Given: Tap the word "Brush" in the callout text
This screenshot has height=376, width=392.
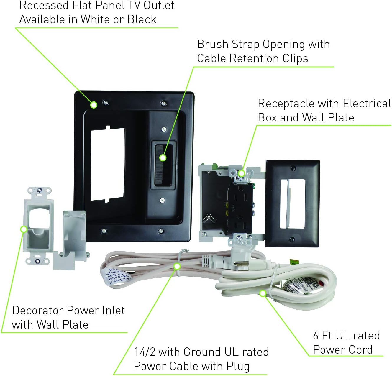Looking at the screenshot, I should (x=212, y=44).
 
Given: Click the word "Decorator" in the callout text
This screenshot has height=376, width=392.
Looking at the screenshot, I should (x=38, y=311).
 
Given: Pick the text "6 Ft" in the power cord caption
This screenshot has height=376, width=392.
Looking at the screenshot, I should (x=322, y=336).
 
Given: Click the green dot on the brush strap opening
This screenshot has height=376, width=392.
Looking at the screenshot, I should (x=163, y=158).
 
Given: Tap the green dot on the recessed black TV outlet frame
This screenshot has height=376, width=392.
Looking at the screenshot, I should (x=94, y=105).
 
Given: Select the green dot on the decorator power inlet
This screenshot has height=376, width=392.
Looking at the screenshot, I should (x=24, y=229).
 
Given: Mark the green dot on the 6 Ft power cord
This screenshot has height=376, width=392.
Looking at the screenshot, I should (x=263, y=293).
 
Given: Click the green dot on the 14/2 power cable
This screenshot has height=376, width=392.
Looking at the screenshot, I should (x=177, y=266).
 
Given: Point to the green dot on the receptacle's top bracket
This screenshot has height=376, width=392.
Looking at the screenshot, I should (x=241, y=173).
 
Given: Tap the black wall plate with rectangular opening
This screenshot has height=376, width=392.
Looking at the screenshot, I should (x=292, y=203).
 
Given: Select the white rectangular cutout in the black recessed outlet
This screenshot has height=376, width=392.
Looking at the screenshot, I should (x=108, y=164).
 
